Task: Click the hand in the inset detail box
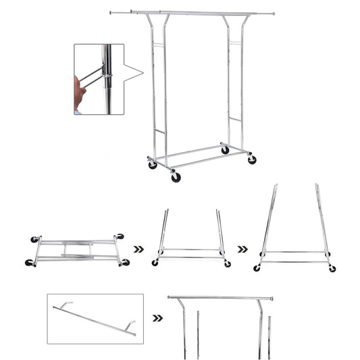pos(80,93)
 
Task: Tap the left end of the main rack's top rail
pos(112,11)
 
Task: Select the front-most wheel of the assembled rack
pos(176,177)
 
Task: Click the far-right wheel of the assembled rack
pos(252,160)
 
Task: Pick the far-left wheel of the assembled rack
pos(153,164)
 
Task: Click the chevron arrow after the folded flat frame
pos(138,249)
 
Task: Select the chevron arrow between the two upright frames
pos(242,249)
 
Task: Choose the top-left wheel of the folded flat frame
pos(34,239)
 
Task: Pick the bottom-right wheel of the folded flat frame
pos(125,262)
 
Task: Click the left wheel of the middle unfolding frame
pos(155,263)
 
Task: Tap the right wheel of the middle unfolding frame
pos(227,263)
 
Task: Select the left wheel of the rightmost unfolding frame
pos(257,268)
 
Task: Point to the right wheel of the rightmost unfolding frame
pos(332,268)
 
